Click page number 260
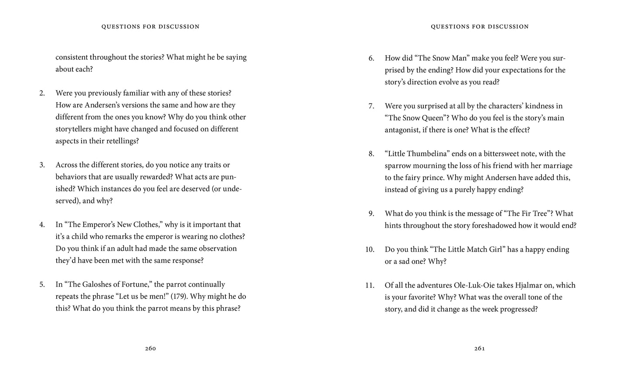[x=150, y=348]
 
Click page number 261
[x=480, y=348]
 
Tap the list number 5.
[x=42, y=285]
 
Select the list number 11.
[x=370, y=285]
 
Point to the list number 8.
[x=371, y=154]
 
